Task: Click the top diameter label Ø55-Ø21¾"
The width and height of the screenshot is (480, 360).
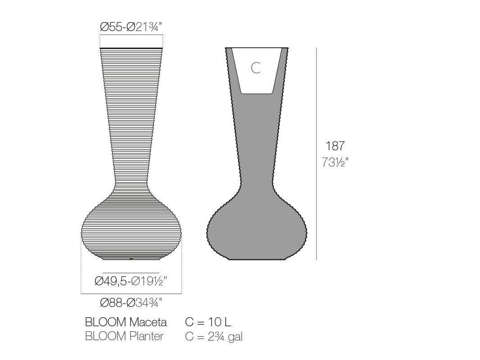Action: [x=131, y=27]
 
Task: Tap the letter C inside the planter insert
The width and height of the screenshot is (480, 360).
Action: [x=255, y=68]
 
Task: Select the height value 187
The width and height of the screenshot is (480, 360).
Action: [x=335, y=146]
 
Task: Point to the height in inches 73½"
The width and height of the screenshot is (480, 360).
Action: [x=335, y=162]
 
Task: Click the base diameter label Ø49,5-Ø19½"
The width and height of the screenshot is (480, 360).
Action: [x=131, y=281]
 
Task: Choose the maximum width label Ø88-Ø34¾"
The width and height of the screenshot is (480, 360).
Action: [x=131, y=303]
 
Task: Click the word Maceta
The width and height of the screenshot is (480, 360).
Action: [x=148, y=322]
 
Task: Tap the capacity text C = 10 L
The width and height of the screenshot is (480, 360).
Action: [x=208, y=322]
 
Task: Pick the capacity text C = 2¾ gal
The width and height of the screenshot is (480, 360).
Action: [x=214, y=337]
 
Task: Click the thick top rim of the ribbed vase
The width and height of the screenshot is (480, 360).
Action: [x=131, y=48]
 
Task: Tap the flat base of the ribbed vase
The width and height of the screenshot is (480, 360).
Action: [x=131, y=259]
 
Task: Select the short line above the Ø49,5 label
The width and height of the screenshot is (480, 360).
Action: [x=131, y=273]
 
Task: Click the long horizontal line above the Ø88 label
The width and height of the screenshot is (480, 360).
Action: [x=131, y=294]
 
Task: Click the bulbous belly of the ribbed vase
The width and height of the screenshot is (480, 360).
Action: [x=131, y=229]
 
